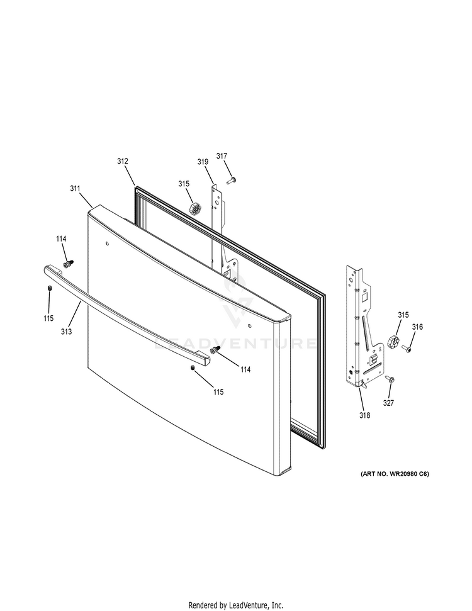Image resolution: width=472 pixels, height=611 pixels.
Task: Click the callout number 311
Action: pos(76,189)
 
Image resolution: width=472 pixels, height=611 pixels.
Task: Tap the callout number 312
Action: pos(123,161)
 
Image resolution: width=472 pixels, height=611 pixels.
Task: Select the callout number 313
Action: pos(66,332)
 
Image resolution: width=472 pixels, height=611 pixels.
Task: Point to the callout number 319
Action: pos(203,162)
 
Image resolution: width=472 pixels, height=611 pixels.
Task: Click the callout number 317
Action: pos(222,156)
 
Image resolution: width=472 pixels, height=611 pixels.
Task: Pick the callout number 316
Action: pos(417,327)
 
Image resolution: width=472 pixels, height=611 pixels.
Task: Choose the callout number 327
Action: pos(388,403)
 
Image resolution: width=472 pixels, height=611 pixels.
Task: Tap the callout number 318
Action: pos(365,415)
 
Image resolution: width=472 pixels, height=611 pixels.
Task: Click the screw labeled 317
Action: pos(232,181)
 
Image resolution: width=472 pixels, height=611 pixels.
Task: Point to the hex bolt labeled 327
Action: pos(390,379)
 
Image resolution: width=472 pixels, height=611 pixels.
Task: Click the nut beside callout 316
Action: pos(393,341)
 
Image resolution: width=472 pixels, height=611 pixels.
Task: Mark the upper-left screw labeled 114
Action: pos(68,264)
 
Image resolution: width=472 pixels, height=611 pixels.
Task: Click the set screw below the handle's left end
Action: pos(50,288)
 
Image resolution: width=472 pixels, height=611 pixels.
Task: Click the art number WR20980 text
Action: pos(395,474)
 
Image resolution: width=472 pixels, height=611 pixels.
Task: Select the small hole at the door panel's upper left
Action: pos(107,244)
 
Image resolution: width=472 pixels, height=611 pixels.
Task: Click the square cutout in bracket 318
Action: pos(365,297)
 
